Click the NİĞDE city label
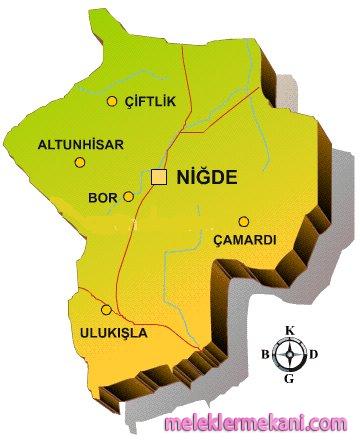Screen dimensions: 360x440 [x=206, y=177]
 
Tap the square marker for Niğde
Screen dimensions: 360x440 [x=158, y=177]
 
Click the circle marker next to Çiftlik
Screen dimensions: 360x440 [x=111, y=100]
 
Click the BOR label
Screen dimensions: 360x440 [x=103, y=198]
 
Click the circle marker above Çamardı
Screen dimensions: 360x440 [x=242, y=222]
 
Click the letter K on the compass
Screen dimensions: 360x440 [x=290, y=331]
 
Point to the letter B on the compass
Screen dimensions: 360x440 [x=265, y=354]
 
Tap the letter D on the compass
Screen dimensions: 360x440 [x=314, y=354]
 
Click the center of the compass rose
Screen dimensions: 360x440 [x=290, y=354]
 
